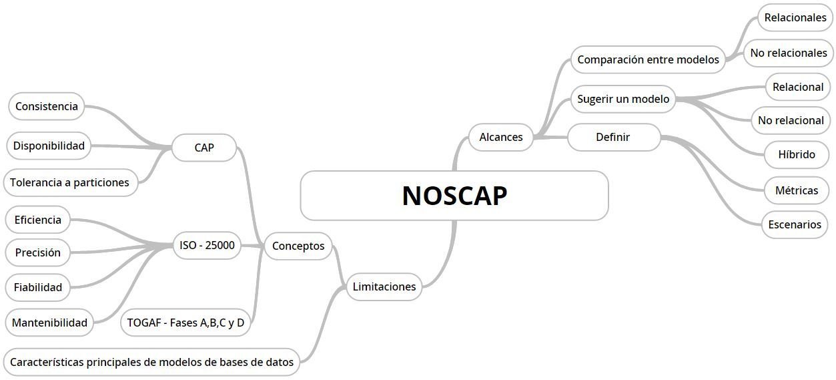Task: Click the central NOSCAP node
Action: tap(454, 196)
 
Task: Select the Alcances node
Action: tap(501, 137)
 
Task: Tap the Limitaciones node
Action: tap(384, 287)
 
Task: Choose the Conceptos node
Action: tap(298, 246)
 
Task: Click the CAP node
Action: tap(204, 148)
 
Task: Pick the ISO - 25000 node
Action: tap(207, 245)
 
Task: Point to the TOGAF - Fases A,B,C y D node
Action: tap(185, 323)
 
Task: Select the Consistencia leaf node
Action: tap(47, 106)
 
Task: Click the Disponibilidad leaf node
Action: tap(49, 146)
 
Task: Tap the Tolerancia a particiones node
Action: tap(70, 182)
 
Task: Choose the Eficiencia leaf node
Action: tap(38, 220)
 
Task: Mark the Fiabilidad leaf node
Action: tap(38, 287)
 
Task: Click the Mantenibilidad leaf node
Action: tap(50, 323)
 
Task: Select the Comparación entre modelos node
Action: tap(648, 59)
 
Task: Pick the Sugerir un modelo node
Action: tap(623, 99)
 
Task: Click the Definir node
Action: tap(613, 137)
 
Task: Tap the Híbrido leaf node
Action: tap(797, 154)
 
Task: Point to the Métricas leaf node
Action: tap(797, 190)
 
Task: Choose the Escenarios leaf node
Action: tap(795, 224)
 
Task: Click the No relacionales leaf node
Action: tap(789, 53)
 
